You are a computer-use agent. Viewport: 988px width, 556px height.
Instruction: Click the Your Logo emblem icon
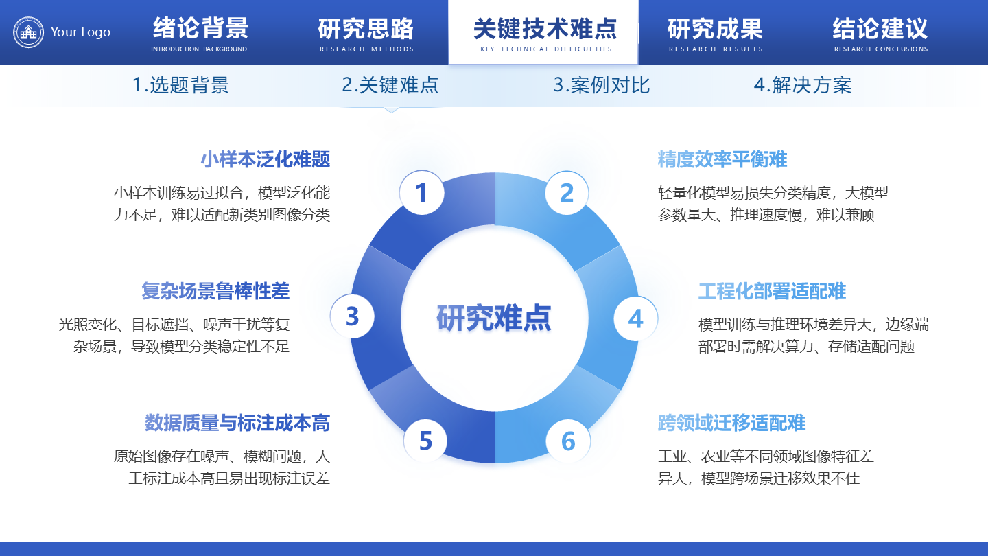[x=28, y=32]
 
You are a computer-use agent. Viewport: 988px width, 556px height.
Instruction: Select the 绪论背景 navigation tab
[x=200, y=33]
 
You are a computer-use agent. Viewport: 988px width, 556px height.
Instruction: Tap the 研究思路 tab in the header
[x=366, y=33]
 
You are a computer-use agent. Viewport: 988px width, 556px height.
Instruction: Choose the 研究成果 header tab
[x=715, y=33]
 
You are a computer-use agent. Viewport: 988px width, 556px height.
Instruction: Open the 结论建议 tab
[x=880, y=33]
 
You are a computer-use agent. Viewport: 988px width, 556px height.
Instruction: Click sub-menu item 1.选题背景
[x=180, y=85]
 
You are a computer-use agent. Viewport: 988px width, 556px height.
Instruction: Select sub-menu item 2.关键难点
[x=390, y=85]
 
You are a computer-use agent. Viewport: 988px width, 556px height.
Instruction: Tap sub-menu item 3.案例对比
[x=602, y=85]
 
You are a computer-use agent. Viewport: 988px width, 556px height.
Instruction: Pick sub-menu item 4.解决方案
[x=803, y=85]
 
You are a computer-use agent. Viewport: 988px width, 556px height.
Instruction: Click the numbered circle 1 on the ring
[x=421, y=193]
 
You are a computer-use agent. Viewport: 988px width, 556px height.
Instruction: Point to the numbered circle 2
[x=567, y=193]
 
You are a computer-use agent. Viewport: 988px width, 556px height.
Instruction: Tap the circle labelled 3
[x=353, y=316]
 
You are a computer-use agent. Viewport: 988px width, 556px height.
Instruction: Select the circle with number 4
[x=635, y=318]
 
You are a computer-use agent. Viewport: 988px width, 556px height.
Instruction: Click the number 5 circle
[x=425, y=441]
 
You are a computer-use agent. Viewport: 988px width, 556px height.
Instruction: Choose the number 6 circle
[x=568, y=441]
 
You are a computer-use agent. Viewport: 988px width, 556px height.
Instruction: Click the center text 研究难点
[x=494, y=318]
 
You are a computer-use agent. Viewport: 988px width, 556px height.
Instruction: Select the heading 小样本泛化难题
[x=266, y=160]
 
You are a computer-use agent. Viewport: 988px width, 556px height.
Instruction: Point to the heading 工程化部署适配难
[x=772, y=291]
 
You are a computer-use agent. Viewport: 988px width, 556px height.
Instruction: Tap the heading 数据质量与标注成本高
[x=237, y=423]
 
